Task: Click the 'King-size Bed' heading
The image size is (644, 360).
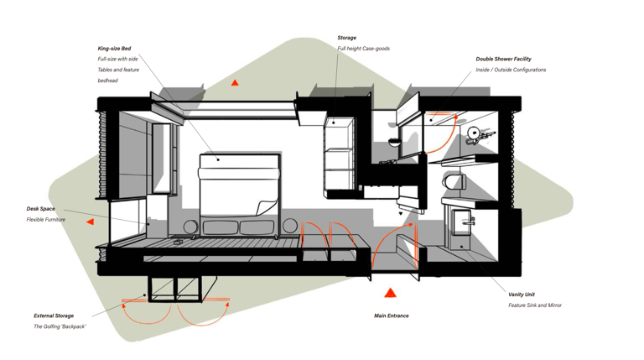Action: tap(114, 49)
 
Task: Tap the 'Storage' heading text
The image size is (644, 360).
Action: tap(347, 38)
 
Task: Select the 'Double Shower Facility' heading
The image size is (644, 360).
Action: tap(503, 60)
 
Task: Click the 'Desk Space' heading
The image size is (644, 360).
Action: tap(41, 209)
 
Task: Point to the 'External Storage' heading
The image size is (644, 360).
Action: tap(54, 316)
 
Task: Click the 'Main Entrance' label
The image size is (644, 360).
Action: tap(392, 316)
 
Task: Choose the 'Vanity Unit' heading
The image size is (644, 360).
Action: tap(522, 295)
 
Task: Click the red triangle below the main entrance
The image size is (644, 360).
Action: tap(390, 293)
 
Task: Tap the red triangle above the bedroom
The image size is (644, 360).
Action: tap(235, 83)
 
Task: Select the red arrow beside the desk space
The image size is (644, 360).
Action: tap(90, 222)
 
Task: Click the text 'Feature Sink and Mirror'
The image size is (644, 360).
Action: tap(535, 305)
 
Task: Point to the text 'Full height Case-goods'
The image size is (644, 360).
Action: tap(364, 49)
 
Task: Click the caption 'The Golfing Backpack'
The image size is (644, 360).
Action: tap(60, 326)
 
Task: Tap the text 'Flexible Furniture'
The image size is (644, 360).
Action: tap(46, 220)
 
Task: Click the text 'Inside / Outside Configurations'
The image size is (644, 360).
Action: tap(511, 70)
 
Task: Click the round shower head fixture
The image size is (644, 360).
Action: tap(475, 133)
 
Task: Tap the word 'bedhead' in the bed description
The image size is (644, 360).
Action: tap(108, 81)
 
